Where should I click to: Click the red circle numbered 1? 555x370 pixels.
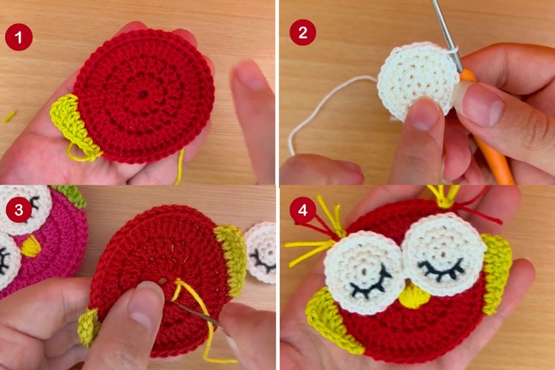pos(19,38)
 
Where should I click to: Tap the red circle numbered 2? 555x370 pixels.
pos(302,32)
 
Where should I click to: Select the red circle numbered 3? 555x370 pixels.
pos(19,209)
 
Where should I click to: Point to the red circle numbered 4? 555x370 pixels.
pos(302,210)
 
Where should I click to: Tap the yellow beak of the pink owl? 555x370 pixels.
pos(31,246)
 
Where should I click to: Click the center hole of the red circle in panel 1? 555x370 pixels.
pos(143,94)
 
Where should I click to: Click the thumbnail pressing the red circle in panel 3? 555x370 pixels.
pos(146,300)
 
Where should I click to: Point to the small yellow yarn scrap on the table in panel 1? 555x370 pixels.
pos(9,117)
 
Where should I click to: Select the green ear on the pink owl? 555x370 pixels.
pos(71,196)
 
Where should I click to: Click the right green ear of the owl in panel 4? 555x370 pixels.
pos(497,273)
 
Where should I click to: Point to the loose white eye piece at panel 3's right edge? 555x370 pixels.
pos(261,252)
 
